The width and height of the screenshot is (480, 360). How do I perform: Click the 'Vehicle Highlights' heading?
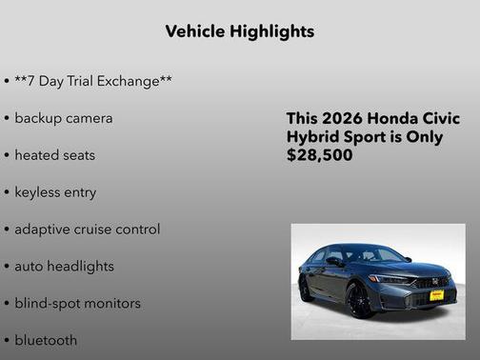(239, 31)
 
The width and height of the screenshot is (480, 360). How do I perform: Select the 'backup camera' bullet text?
(64, 118)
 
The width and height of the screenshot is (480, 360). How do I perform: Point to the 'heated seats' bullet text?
(54, 155)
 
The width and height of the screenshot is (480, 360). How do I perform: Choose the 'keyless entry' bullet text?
(55, 192)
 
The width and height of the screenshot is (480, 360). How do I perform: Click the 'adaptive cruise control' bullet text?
(87, 230)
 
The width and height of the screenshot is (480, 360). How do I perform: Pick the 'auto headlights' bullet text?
(64, 267)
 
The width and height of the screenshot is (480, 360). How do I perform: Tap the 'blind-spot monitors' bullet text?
(77, 304)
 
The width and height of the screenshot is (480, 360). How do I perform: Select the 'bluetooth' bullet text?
(46, 340)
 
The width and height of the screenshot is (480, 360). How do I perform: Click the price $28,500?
(319, 155)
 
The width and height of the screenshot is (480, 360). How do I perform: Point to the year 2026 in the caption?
(344, 119)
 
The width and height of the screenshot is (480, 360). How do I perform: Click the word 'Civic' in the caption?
(442, 119)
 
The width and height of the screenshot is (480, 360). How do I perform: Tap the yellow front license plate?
(436, 295)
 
